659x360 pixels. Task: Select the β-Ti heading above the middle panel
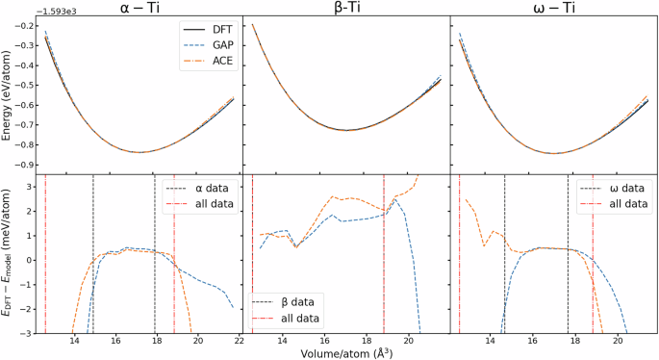pos(345,8)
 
